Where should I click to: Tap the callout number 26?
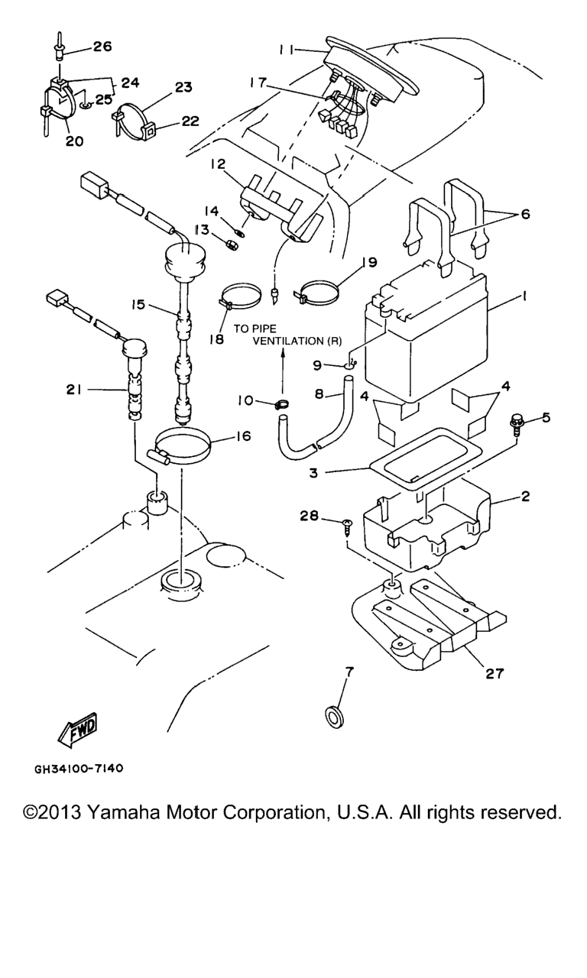[x=102, y=47]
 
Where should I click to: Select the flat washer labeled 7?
[x=334, y=717]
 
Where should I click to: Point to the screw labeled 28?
[x=348, y=528]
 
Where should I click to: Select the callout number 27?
[x=495, y=673]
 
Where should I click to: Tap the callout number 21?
[x=74, y=389]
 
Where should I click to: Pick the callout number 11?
[x=286, y=50]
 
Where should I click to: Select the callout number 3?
[x=314, y=473]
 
